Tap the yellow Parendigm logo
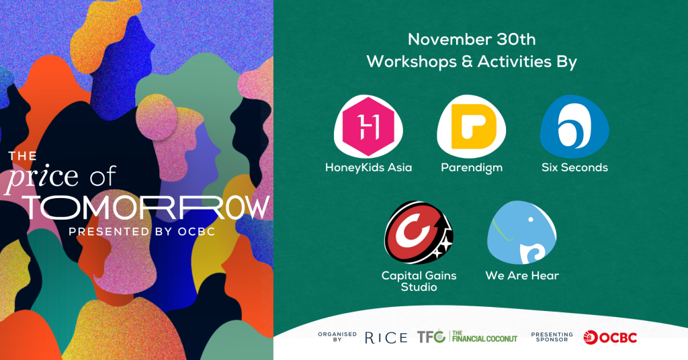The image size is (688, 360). tap(472, 127)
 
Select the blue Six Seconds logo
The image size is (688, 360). tap(574, 127)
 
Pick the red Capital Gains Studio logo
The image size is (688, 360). tap(419, 232)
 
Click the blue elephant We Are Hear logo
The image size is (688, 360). tap(521, 232)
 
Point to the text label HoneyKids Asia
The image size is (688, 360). tap(369, 167)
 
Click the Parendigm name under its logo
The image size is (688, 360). tap(472, 168)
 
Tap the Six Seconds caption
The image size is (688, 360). tap(574, 167)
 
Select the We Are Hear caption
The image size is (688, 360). tap(522, 276)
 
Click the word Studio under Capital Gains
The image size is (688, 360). tap(419, 287)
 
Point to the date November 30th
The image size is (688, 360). tap(472, 40)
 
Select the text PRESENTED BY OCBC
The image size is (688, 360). tap(142, 232)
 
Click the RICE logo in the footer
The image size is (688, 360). tap(386, 338)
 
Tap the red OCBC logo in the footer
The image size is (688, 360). tap(610, 337)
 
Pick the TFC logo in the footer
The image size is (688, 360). tap(431, 336)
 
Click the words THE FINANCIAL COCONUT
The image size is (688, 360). tap(484, 336)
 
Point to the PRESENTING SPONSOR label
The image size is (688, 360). tap(552, 336)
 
